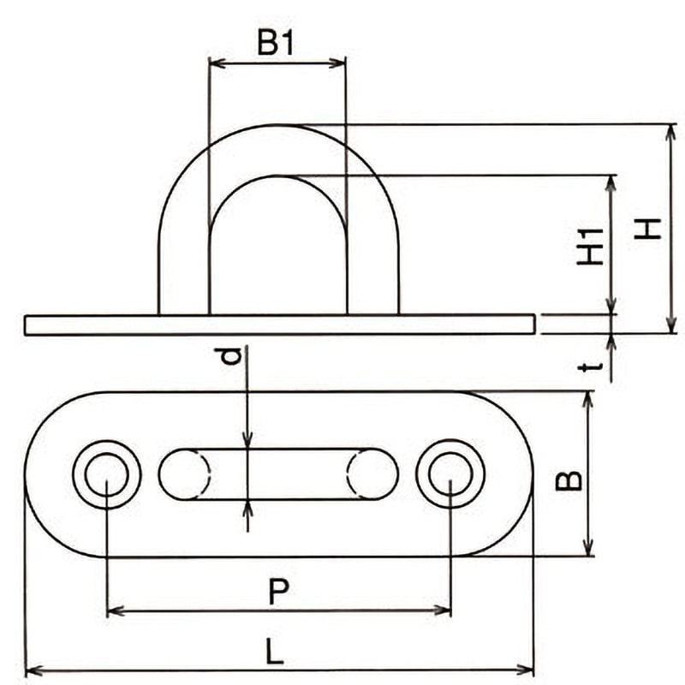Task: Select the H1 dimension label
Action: [x=590, y=246]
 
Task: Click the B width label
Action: [x=568, y=480]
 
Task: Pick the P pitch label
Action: [x=277, y=592]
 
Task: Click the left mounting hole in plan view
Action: [x=106, y=474]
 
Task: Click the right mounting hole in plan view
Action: [x=450, y=474]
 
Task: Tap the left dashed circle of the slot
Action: [x=183, y=474]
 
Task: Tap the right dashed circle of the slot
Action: [x=372, y=474]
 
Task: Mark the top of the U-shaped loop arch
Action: [x=278, y=127]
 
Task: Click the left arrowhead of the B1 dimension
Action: [x=215, y=62]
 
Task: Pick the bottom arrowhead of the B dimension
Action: [x=588, y=550]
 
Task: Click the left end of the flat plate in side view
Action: [x=27, y=325]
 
